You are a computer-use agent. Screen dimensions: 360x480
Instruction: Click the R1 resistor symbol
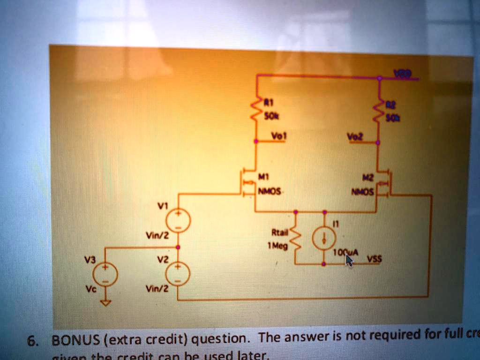tap(257, 110)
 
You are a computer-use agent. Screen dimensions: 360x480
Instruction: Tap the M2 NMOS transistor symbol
tap(385, 183)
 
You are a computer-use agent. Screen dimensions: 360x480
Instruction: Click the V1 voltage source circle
tap(178, 220)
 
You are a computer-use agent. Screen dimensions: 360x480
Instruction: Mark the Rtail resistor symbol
tap(296, 239)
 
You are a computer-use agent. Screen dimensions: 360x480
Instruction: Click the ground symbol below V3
tap(105, 302)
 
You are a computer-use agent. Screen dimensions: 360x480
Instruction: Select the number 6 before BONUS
tap(30, 341)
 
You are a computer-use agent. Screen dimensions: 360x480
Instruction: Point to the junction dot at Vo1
tap(256, 141)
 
